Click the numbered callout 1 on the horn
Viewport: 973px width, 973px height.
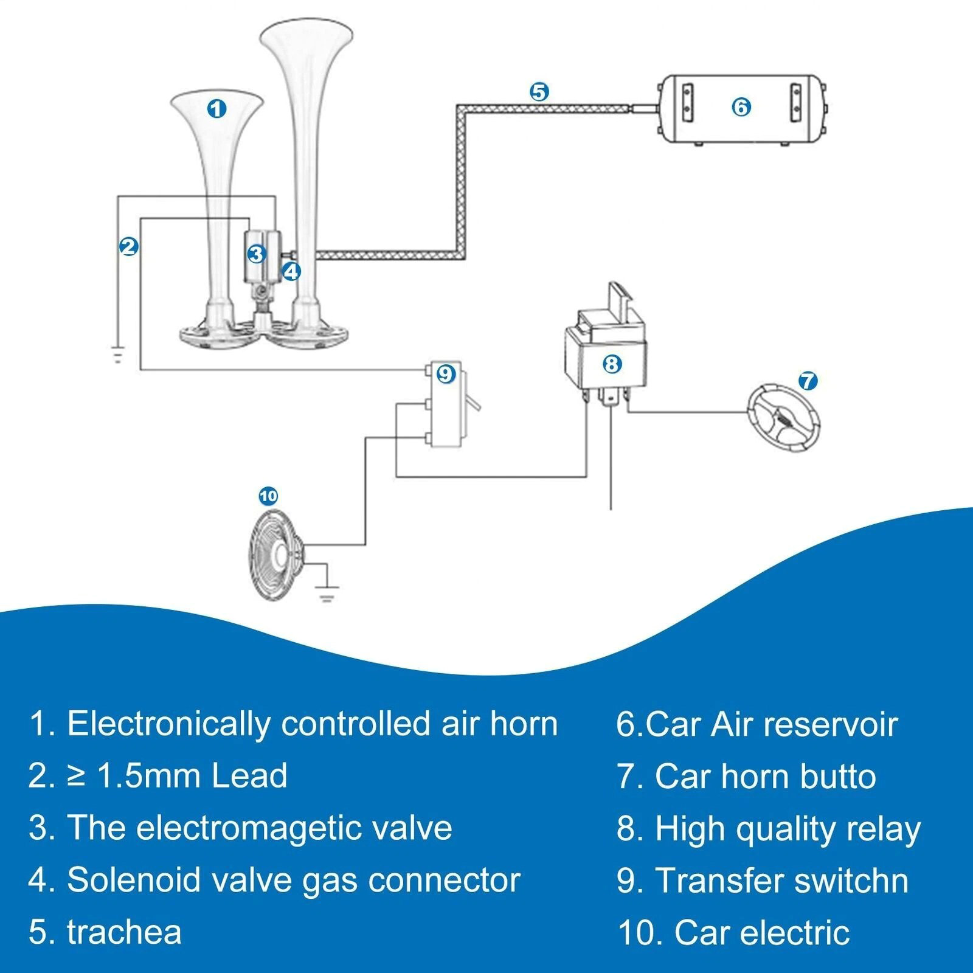coord(217,109)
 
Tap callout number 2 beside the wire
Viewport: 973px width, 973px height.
coord(128,246)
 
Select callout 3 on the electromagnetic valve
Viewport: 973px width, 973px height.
coord(257,254)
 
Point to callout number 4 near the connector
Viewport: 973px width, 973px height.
coord(291,271)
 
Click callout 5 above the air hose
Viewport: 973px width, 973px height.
coord(539,92)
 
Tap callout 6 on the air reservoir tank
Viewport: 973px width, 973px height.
coord(741,107)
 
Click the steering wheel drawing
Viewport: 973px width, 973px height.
coord(783,419)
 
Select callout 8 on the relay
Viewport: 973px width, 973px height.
coord(612,364)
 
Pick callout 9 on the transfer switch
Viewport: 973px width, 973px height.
coord(446,373)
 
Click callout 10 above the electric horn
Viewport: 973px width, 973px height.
coord(268,496)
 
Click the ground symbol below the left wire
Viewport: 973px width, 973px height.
coord(117,354)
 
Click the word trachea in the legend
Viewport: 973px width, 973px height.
coord(124,932)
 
